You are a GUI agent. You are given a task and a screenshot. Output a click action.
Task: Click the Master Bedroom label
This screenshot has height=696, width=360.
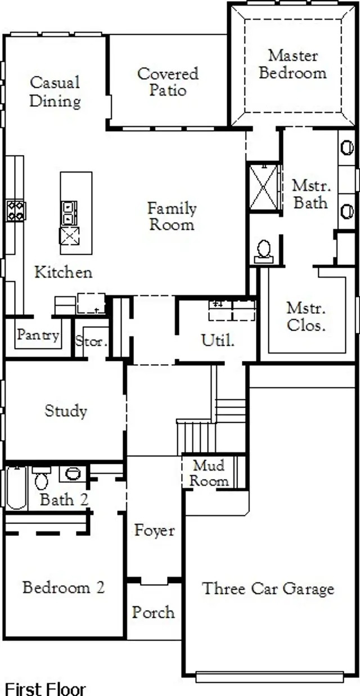[292, 64]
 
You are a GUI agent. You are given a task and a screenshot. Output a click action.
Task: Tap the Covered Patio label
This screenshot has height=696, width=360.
[168, 82]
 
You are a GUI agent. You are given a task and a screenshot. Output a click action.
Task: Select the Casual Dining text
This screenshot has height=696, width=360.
[55, 92]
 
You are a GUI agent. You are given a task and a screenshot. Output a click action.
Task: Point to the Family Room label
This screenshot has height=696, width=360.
[172, 216]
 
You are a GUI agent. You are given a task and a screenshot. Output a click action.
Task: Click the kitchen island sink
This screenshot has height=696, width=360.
[69, 213]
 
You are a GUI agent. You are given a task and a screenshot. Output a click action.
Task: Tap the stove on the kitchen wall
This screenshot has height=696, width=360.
[16, 210]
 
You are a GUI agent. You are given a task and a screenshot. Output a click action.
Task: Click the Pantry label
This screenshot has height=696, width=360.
[38, 335]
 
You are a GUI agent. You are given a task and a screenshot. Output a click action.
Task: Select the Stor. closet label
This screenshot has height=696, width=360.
[91, 341]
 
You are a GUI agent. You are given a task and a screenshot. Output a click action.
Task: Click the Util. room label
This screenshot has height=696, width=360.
[218, 340]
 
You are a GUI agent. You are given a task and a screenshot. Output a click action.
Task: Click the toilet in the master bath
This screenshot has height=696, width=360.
[263, 250]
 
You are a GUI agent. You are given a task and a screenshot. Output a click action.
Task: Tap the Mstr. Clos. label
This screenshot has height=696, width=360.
[306, 317]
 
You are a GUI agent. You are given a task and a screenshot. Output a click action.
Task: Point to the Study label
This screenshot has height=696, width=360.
[66, 410]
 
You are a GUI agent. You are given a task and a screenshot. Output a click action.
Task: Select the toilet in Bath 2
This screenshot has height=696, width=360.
[42, 479]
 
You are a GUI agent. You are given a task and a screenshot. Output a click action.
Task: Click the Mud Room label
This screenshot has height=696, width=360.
[209, 473]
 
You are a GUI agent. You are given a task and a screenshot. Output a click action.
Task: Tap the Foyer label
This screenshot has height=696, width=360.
[154, 530]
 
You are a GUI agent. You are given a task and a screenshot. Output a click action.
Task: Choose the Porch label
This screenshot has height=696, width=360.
[153, 612]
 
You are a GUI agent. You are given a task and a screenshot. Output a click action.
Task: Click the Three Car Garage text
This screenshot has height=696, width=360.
[268, 589]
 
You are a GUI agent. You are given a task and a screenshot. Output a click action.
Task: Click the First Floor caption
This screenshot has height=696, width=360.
[46, 688]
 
